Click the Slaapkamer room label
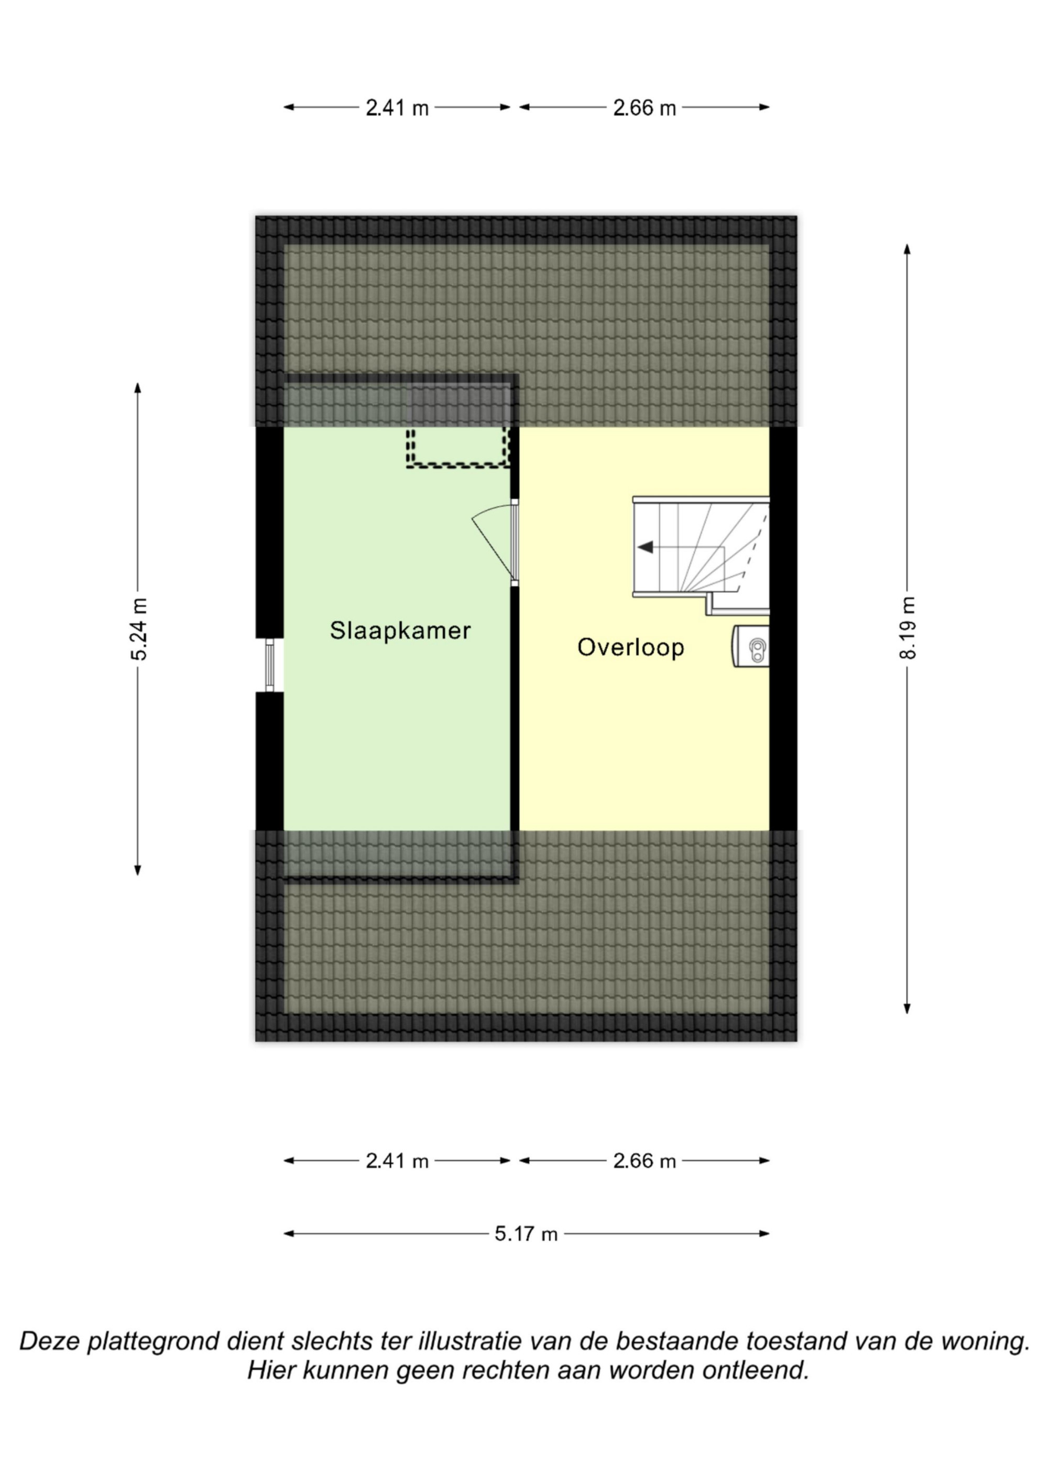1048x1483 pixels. (400, 631)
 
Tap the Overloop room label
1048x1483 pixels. (631, 647)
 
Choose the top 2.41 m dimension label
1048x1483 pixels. (397, 108)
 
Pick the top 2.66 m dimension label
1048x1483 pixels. (645, 108)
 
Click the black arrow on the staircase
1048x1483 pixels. (645, 548)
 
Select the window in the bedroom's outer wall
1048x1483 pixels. (270, 665)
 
